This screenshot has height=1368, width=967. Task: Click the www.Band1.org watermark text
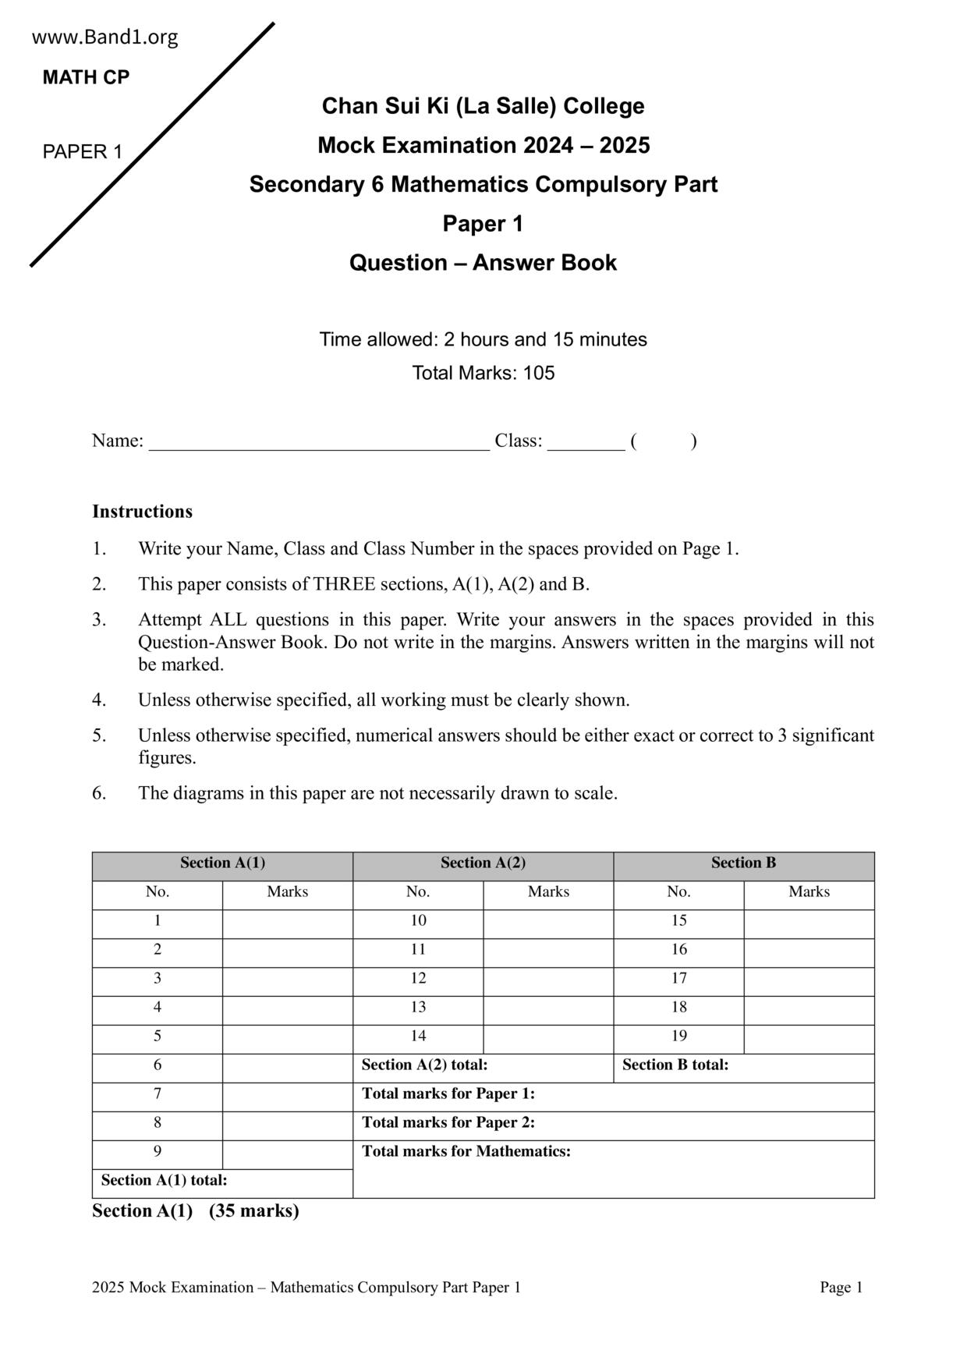104,37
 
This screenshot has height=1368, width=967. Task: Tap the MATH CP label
86,77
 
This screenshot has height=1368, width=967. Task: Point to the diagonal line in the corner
152,144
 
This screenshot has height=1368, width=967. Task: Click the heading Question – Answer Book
483,263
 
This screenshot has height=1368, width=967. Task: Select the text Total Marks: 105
483,373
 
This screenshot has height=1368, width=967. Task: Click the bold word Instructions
142,512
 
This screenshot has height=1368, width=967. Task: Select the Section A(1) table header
222,863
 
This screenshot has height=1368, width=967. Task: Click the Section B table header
743,863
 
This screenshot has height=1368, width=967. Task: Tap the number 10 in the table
418,921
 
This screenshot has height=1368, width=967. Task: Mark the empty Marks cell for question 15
809,924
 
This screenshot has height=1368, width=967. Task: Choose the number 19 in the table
678,1037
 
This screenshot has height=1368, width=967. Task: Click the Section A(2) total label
424,1065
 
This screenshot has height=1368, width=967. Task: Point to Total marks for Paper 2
448,1123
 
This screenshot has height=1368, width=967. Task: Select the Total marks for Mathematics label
466,1152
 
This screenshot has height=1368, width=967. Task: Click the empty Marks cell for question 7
287,1097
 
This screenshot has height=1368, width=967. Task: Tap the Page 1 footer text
841,1288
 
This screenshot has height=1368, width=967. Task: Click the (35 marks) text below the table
253,1211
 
